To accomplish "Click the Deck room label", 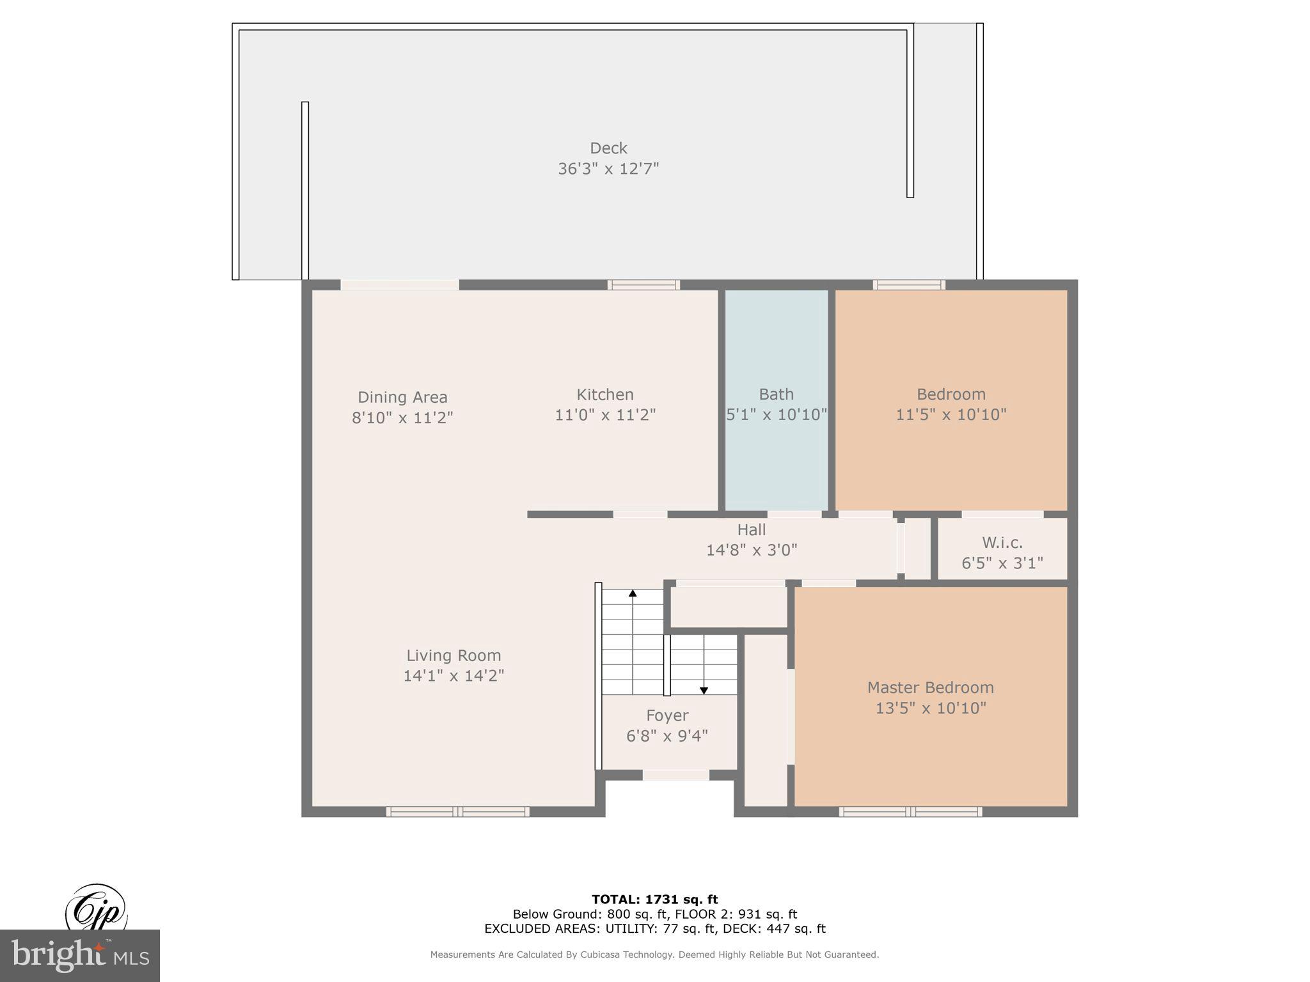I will pos(608,148).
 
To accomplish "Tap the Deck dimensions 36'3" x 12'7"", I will pos(608,169).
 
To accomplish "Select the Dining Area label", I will pos(402,397).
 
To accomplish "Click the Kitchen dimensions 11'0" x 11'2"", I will pos(605,415).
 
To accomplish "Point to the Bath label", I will pos(776,394).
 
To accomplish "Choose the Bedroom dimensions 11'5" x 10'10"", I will pos(951,414).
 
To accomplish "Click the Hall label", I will pos(751,529).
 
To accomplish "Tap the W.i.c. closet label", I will pos(1002,543).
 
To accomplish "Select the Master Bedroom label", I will pos(930,687).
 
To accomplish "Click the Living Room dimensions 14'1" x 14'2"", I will pos(454,676).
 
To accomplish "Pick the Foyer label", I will pos(667,715).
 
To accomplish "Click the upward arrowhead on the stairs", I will pos(633,593).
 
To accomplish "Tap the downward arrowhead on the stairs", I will pos(704,690).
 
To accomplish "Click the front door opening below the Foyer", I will pos(675,775).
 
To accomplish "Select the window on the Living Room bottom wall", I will pos(457,812).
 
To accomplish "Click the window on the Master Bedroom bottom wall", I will pos(910,812).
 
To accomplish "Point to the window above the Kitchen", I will pos(643,285).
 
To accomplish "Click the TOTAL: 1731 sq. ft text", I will pos(654,900).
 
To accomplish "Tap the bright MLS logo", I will pos(80,956).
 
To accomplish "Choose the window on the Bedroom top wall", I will pos(909,285).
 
